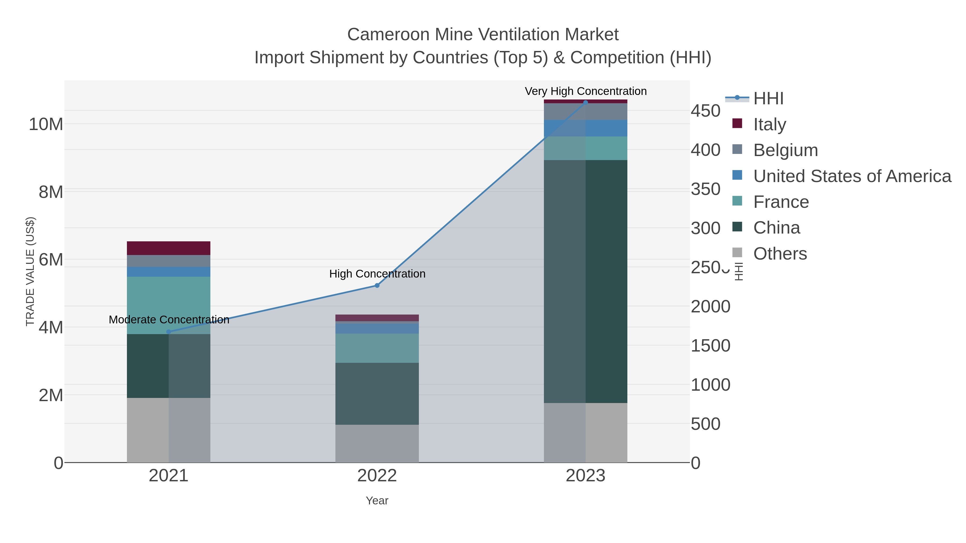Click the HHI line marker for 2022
[377, 286]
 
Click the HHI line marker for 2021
[168, 332]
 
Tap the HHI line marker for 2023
[586, 103]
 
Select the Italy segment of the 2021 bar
[168, 248]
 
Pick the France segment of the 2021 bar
[168, 305]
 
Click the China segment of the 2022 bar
[377, 393]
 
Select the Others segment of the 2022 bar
[377, 443]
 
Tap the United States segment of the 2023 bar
[586, 128]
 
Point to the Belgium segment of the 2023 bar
[586, 112]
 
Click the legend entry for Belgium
[785, 150]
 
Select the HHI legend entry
[768, 99]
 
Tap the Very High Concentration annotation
[586, 91]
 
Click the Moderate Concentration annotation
[169, 320]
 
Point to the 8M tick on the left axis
[51, 192]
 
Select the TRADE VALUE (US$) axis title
[30, 271]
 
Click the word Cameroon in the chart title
[388, 35]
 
